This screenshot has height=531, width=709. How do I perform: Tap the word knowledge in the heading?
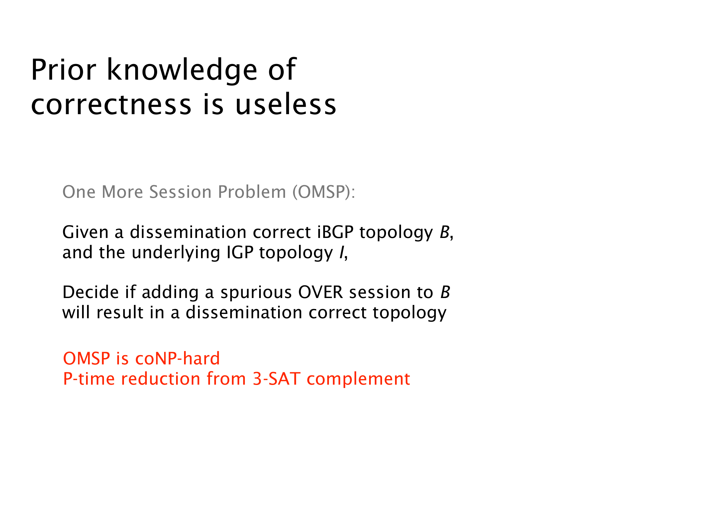pos(182,71)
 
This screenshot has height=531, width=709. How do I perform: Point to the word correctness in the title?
pos(111,105)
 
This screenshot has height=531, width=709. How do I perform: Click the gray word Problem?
pos(252,192)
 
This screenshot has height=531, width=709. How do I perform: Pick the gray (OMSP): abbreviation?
pos(324,192)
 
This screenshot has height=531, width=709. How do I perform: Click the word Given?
pos(85,232)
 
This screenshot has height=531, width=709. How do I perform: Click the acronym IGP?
pos(240,253)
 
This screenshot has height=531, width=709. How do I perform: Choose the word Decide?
pos(91,292)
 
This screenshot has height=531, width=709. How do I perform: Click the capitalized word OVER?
pos(321,292)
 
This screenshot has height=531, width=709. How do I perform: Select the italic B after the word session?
pos(445,292)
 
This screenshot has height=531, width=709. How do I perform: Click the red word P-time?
pos(89,379)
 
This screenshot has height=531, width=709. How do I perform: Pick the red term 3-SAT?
pos(276,379)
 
